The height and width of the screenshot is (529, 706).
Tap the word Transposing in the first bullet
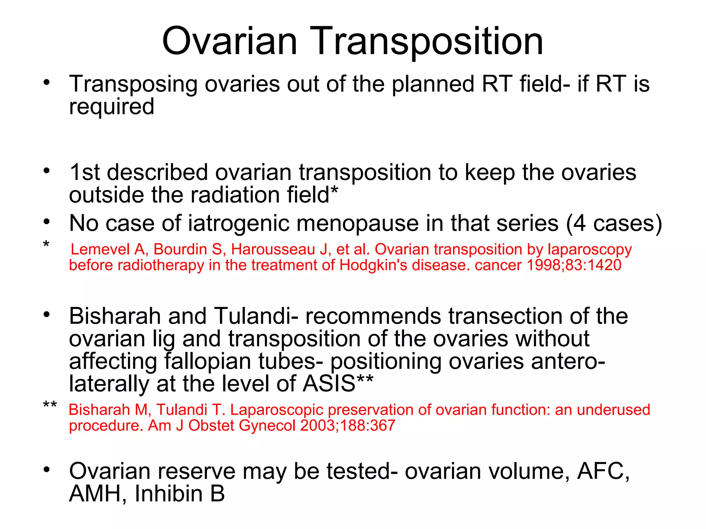133,84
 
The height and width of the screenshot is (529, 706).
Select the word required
111,107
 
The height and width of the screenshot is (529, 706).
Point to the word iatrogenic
239,224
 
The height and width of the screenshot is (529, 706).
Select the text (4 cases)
614,224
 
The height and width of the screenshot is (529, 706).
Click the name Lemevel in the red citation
100,249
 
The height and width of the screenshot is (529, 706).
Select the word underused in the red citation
613,410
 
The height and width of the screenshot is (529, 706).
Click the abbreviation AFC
603,471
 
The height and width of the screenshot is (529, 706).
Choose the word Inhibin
169,494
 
